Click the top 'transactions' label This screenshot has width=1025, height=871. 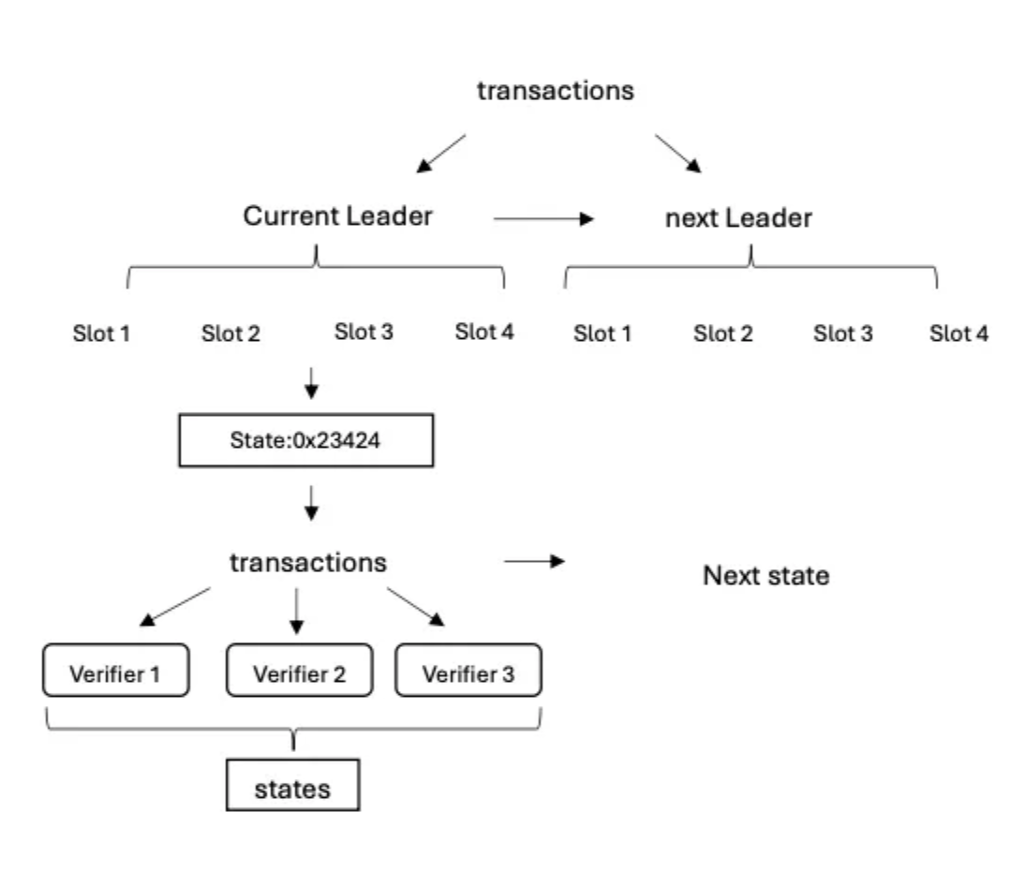(x=557, y=91)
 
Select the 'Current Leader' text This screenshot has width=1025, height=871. (x=338, y=216)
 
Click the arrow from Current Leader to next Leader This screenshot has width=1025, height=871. (x=543, y=220)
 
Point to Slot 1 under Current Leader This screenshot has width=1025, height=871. (x=100, y=332)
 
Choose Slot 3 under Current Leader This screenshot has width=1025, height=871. (x=364, y=331)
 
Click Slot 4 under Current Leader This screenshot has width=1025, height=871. (x=484, y=331)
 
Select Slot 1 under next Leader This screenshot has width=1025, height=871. (x=602, y=332)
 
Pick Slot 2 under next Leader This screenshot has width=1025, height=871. (x=723, y=332)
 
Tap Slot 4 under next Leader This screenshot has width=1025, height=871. (x=959, y=332)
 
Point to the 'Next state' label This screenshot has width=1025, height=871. (x=765, y=575)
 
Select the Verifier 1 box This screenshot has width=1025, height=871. (x=116, y=671)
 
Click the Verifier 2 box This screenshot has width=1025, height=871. (x=298, y=671)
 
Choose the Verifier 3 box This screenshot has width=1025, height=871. (x=468, y=671)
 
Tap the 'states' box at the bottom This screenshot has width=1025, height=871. (x=293, y=788)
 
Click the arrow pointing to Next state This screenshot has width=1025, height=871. (x=535, y=562)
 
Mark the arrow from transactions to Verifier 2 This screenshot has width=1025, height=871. (x=296, y=611)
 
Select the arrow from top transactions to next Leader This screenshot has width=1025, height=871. (x=677, y=154)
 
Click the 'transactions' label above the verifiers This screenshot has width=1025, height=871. (x=308, y=564)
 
